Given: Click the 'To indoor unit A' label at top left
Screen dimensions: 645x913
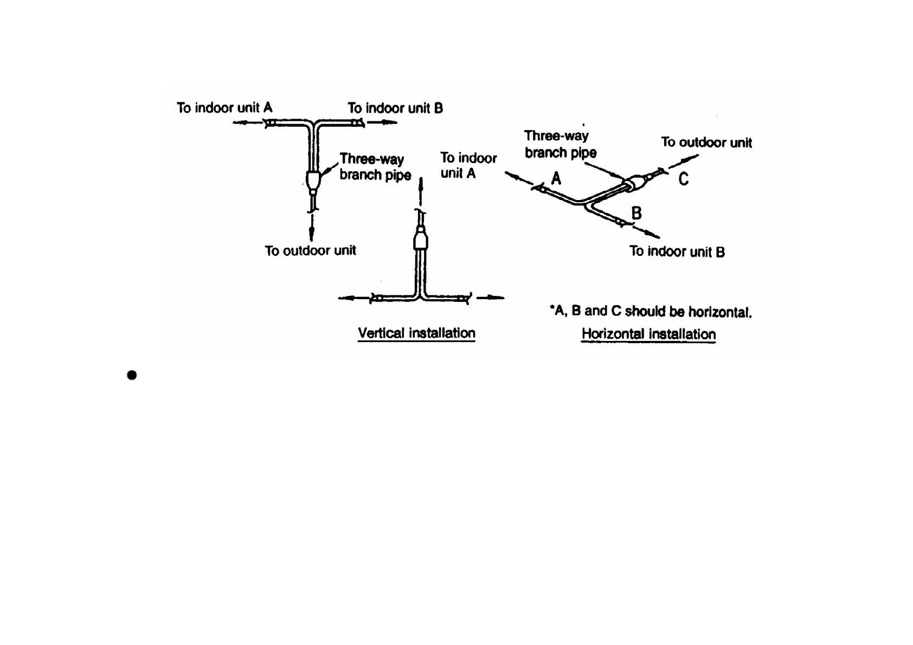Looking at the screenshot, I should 224,108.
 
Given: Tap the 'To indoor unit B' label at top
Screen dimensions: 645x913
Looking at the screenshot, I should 395,108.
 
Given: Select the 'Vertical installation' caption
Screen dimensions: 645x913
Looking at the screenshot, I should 416,333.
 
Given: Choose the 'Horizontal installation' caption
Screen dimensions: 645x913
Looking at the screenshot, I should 648,334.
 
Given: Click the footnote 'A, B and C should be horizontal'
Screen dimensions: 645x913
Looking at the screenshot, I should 651,311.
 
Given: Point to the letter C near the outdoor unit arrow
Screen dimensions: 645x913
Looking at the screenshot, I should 684,179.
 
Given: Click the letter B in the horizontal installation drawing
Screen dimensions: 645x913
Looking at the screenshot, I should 636,213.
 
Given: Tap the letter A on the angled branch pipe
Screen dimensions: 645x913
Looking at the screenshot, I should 556,178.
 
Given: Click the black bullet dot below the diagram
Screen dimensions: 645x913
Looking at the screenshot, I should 132,375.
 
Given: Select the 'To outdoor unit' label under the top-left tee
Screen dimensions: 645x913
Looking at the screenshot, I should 310,250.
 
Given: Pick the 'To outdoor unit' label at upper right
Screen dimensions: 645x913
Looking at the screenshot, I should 706,143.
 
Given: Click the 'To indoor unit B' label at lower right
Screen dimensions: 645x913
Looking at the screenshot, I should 677,251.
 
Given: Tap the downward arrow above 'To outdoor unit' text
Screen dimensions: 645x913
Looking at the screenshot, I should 312,228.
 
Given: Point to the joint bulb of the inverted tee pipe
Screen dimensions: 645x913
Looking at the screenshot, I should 421,240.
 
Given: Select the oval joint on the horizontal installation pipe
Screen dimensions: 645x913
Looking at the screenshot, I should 634,183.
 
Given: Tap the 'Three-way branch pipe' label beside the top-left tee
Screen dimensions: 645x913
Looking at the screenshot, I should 375,166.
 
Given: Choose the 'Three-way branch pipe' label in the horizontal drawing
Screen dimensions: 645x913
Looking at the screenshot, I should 560,144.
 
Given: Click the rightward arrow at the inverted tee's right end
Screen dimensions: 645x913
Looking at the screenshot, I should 492,298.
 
